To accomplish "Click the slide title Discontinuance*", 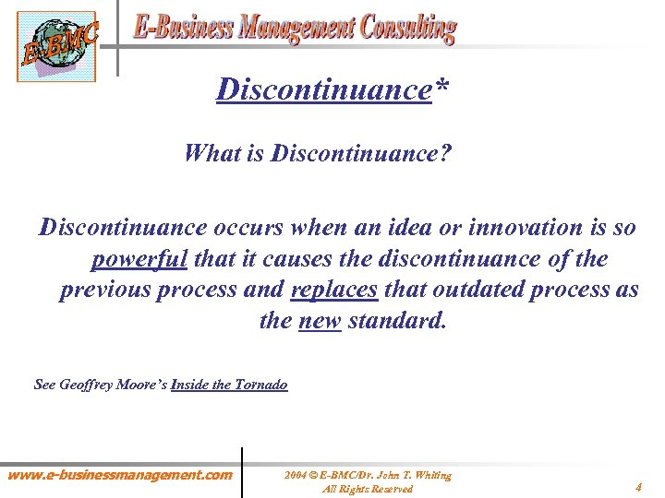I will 324,90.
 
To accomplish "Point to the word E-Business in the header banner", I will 182,28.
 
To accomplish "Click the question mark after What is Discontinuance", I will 446,152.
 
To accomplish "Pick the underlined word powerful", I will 139,259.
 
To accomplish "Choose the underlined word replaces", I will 333,290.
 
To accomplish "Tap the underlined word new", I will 320,322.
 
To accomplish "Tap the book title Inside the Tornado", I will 229,385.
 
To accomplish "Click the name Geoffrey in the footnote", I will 87,385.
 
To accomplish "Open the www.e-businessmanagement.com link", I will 120,475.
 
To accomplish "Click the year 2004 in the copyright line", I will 296,475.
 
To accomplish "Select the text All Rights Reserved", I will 367,489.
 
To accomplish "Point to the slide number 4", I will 638,486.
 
